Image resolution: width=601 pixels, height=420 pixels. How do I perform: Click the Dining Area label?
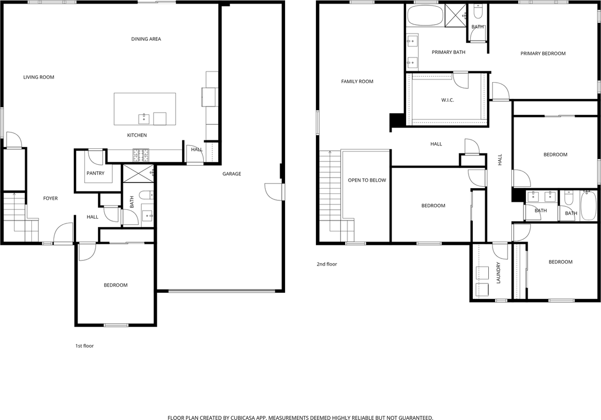tap(146, 39)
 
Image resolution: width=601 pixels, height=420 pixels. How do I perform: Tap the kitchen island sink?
tap(144, 119)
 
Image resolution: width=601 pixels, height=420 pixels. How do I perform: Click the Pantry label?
tap(95, 173)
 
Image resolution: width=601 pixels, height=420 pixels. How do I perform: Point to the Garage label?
tap(231, 174)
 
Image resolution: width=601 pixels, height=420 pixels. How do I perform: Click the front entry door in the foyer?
tap(64, 234)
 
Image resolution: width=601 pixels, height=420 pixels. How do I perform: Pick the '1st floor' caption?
tap(85, 346)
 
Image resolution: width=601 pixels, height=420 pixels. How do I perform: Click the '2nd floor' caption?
tap(327, 264)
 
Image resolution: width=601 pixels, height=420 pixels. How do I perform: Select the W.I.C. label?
tap(447, 100)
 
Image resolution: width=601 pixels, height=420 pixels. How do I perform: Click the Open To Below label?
tap(367, 180)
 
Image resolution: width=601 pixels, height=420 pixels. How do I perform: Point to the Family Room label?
tap(357, 82)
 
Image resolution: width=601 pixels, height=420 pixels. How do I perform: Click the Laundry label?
tap(499, 273)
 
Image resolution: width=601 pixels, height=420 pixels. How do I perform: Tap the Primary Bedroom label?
tap(543, 53)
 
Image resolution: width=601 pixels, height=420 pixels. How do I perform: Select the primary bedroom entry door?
tap(500, 91)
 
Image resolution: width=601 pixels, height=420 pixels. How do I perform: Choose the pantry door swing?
tap(95, 158)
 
